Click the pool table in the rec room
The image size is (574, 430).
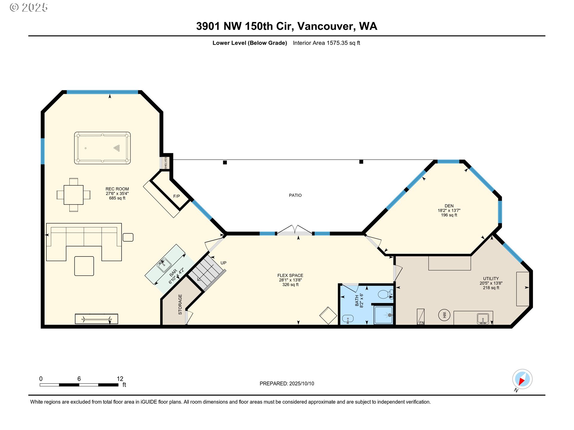pyautogui.click(x=102, y=148)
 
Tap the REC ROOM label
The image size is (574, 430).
pyautogui.click(x=117, y=189)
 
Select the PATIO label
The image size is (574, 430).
pyautogui.click(x=295, y=195)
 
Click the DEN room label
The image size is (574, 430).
pyautogui.click(x=449, y=206)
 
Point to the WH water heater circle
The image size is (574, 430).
pyautogui.click(x=444, y=315)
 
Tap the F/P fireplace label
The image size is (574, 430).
pyautogui.click(x=176, y=196)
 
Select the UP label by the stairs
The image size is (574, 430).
pyautogui.click(x=223, y=263)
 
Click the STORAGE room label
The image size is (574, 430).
pyautogui.click(x=180, y=304)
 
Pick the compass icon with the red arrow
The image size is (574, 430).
pyautogui.click(x=522, y=379)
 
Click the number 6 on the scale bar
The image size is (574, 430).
pyautogui.click(x=79, y=379)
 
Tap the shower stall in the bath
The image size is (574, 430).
pyautogui.click(x=383, y=315)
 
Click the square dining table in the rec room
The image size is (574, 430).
pyautogui.click(x=73, y=195)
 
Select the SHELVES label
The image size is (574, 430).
pyautogui.click(x=166, y=163)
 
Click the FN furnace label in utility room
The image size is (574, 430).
pyautogui.click(x=422, y=322)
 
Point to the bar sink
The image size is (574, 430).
pyautogui.click(x=164, y=265)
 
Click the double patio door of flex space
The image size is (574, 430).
pyautogui.click(x=295, y=231)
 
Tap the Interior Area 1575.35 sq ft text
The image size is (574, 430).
pyautogui.click(x=326, y=43)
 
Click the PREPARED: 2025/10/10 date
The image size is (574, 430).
pyautogui.click(x=287, y=383)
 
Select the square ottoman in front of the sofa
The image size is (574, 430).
pyautogui.click(x=84, y=266)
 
